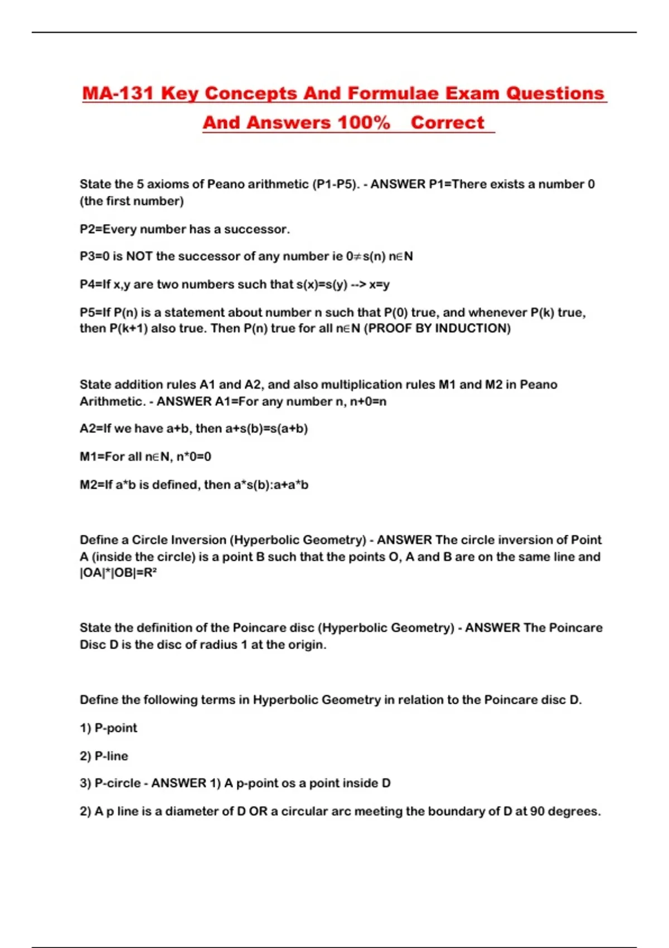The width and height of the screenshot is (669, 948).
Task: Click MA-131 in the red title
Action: [x=118, y=93]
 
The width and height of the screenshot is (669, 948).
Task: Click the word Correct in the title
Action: [x=447, y=123]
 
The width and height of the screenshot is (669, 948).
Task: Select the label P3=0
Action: [x=94, y=257]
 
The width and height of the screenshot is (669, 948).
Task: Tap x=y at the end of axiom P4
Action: [x=379, y=284]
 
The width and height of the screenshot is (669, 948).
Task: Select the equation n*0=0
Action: [x=193, y=457]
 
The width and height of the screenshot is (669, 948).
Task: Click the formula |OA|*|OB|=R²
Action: [x=118, y=573]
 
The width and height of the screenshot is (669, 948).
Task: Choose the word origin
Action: [x=306, y=645]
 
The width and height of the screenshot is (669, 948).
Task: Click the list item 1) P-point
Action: [x=108, y=728]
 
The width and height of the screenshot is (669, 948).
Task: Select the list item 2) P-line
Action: [x=104, y=756]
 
